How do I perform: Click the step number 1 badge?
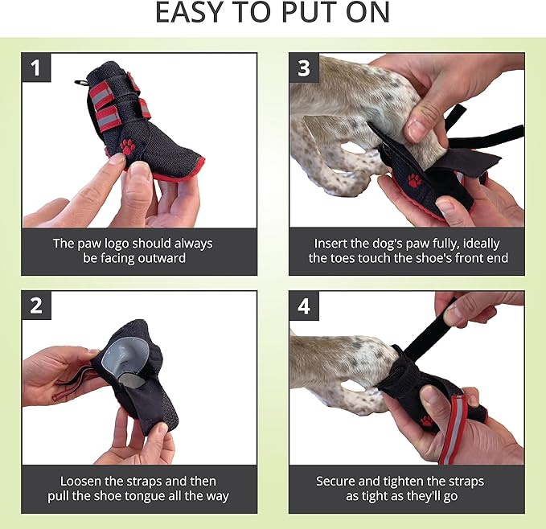point(35,68)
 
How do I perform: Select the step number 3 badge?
point(303,68)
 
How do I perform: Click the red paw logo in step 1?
point(127,146)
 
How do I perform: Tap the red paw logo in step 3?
point(415,179)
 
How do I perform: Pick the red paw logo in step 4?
point(427,420)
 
